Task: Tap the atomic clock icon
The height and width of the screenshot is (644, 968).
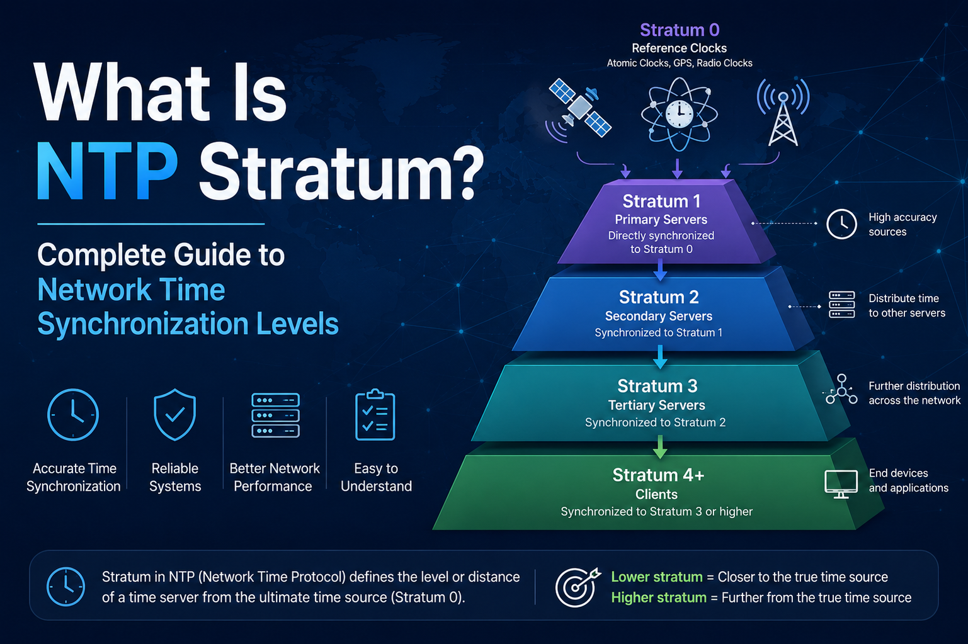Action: [x=679, y=114]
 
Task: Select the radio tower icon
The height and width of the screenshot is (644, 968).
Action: [x=783, y=112]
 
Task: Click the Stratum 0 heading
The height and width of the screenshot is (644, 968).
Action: [x=680, y=30]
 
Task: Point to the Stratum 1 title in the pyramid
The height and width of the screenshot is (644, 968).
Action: [x=661, y=201]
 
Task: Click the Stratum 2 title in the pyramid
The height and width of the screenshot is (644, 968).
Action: [x=659, y=297]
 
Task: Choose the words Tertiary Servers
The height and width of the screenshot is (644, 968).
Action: [x=656, y=405]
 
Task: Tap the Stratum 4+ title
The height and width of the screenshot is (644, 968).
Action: [x=658, y=475]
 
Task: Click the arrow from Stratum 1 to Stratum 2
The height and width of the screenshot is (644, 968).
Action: [x=660, y=269]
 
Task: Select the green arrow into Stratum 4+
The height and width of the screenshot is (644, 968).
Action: [x=660, y=446]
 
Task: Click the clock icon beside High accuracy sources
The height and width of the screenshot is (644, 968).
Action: [x=841, y=224]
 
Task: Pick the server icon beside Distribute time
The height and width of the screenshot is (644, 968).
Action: [x=842, y=305]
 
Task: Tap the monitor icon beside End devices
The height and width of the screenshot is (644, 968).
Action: [x=841, y=484]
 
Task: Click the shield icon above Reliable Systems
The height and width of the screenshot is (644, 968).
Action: [x=174, y=415]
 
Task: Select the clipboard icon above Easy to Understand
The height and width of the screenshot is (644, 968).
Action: [x=375, y=415]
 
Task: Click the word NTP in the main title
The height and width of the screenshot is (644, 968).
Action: [x=106, y=171]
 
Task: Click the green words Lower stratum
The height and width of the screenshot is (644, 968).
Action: [x=656, y=577]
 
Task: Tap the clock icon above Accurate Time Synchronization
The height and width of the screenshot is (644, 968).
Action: [x=73, y=415]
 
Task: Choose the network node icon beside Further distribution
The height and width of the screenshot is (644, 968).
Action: [x=841, y=390]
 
